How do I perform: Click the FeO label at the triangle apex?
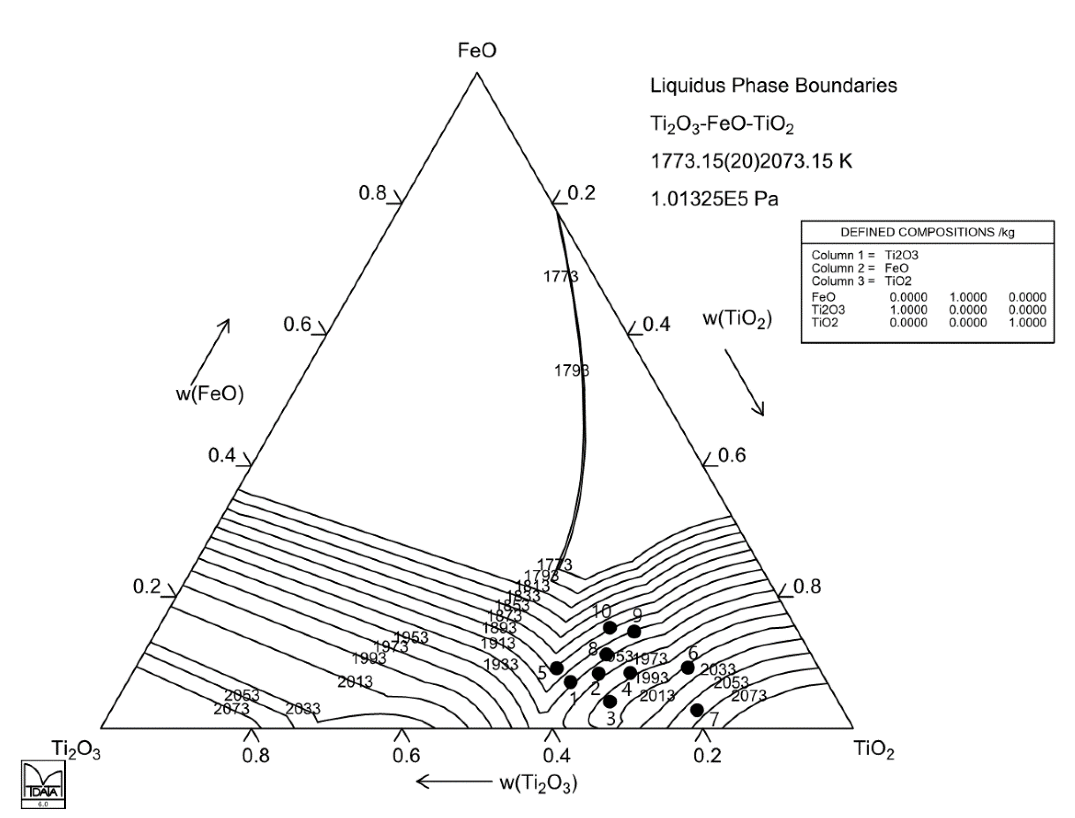pos(477,51)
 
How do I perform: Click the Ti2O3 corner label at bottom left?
pos(76,750)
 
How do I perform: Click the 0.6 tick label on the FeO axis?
pos(297,324)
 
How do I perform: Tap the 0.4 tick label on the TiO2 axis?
pos(657,324)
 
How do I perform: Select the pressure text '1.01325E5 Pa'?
pos(715,199)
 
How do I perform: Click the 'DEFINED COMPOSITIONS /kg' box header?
pos(927,232)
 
